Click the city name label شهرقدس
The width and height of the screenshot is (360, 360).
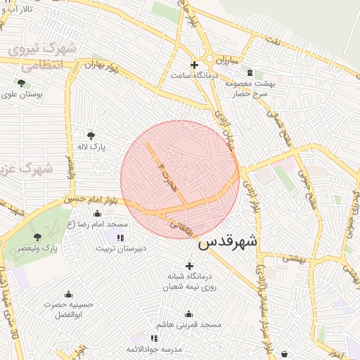(x=228, y=243)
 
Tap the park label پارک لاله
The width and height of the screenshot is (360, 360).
(x=91, y=148)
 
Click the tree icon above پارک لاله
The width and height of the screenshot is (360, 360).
(x=91, y=136)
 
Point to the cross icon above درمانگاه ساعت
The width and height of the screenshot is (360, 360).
(x=194, y=65)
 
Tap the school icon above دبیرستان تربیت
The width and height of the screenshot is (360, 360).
(x=120, y=237)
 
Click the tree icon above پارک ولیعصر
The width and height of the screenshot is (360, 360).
(x=37, y=237)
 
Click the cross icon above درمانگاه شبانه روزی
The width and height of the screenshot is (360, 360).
(x=188, y=265)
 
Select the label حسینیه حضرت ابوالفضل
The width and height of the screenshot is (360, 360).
(x=68, y=310)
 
